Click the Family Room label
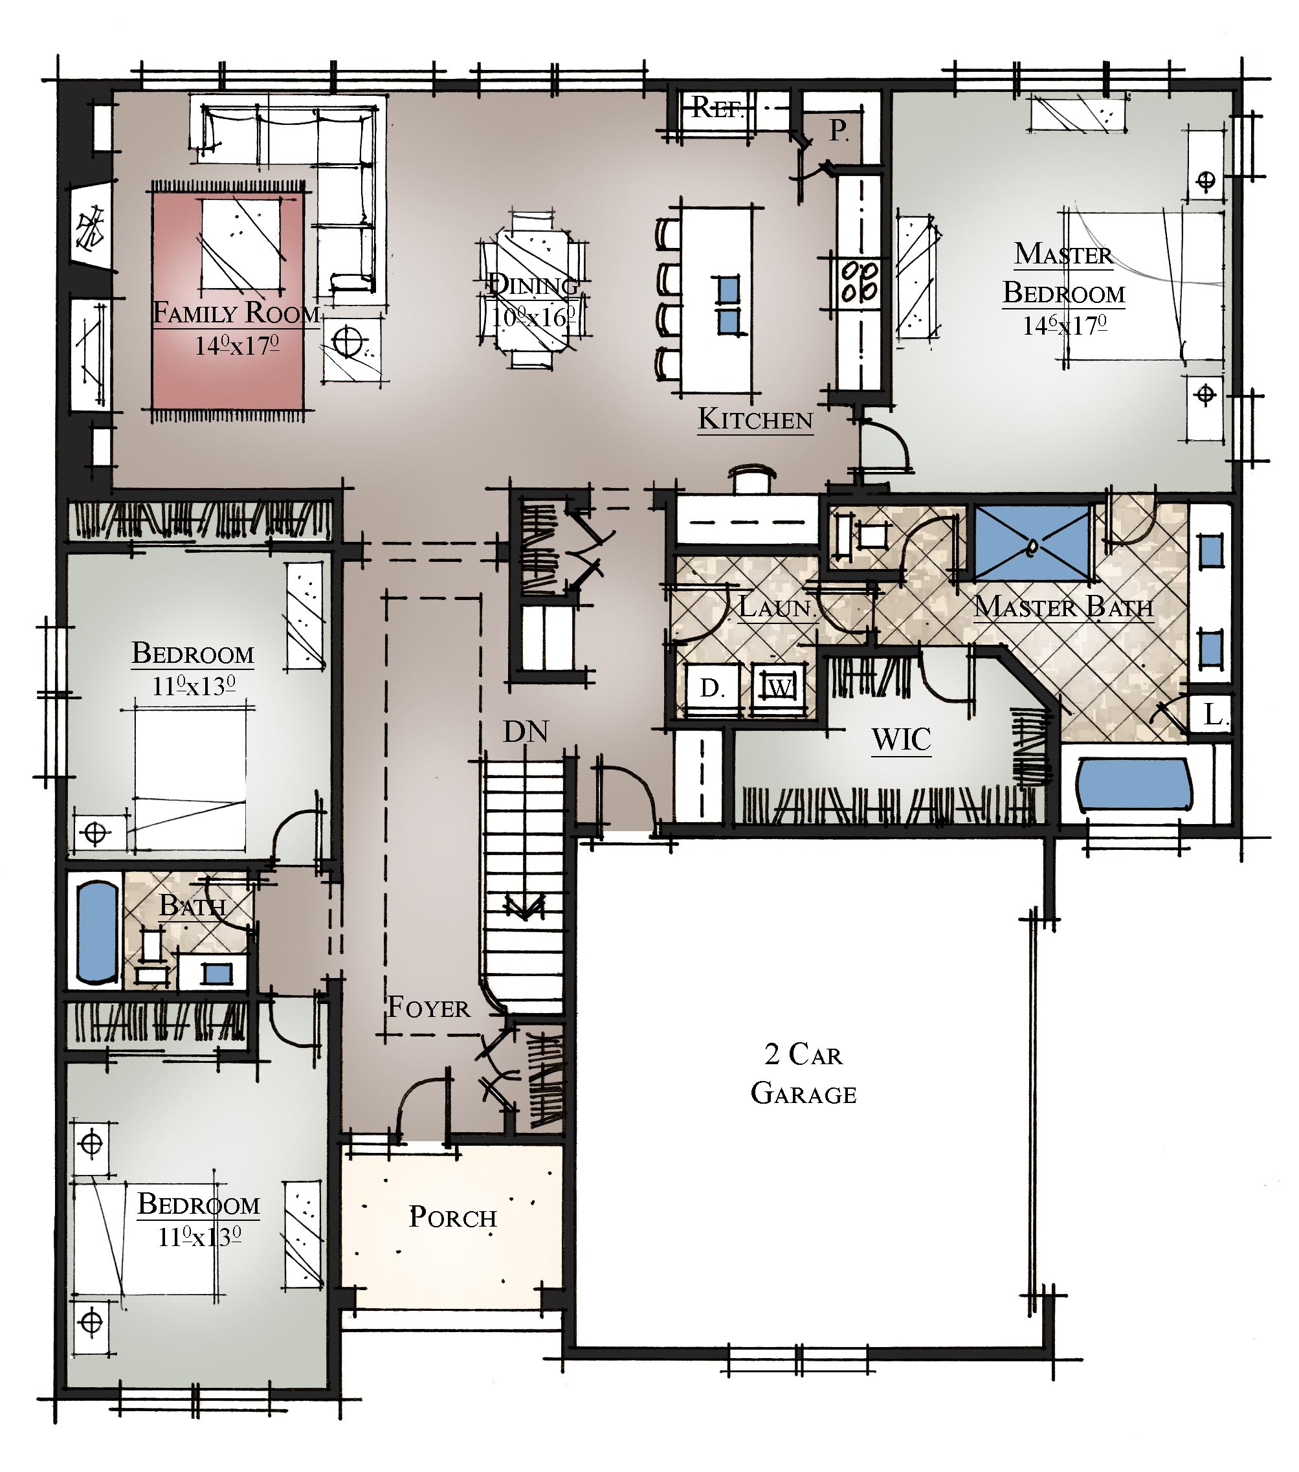[x=236, y=313]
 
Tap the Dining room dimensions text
[x=533, y=317]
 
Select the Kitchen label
[x=755, y=418]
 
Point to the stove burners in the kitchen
[x=860, y=281]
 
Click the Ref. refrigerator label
[x=717, y=107]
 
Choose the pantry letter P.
[x=838, y=130]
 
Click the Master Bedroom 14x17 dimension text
[x=1064, y=326]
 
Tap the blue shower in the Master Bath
[x=1031, y=542]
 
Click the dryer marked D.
[x=712, y=689]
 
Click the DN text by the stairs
[x=526, y=731]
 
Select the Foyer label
[x=428, y=1007]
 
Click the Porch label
[x=453, y=1216]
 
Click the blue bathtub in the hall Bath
[x=97, y=932]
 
